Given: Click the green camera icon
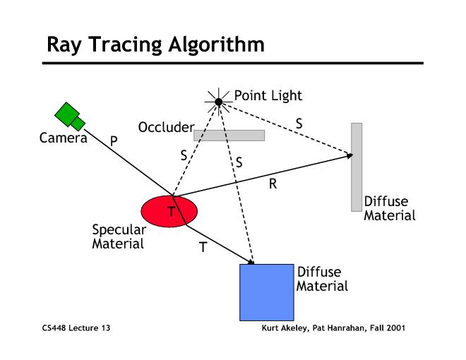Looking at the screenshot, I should (x=69, y=115).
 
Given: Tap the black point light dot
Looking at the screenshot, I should (x=219, y=102).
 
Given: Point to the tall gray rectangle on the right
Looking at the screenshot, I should (x=357, y=167).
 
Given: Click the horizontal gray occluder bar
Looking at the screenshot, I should (x=229, y=135).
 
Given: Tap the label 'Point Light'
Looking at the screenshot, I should (x=268, y=95).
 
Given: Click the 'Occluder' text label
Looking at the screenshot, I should (x=167, y=127).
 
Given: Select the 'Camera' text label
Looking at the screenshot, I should (x=63, y=138).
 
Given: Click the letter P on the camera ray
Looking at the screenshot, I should (x=114, y=141).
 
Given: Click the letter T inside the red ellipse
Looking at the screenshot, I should (x=170, y=212).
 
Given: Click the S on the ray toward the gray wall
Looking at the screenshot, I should (x=299, y=124).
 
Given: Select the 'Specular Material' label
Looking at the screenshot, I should (x=119, y=236).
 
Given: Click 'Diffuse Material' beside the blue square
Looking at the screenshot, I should (x=321, y=279).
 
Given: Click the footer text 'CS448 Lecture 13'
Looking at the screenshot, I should (x=76, y=328).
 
